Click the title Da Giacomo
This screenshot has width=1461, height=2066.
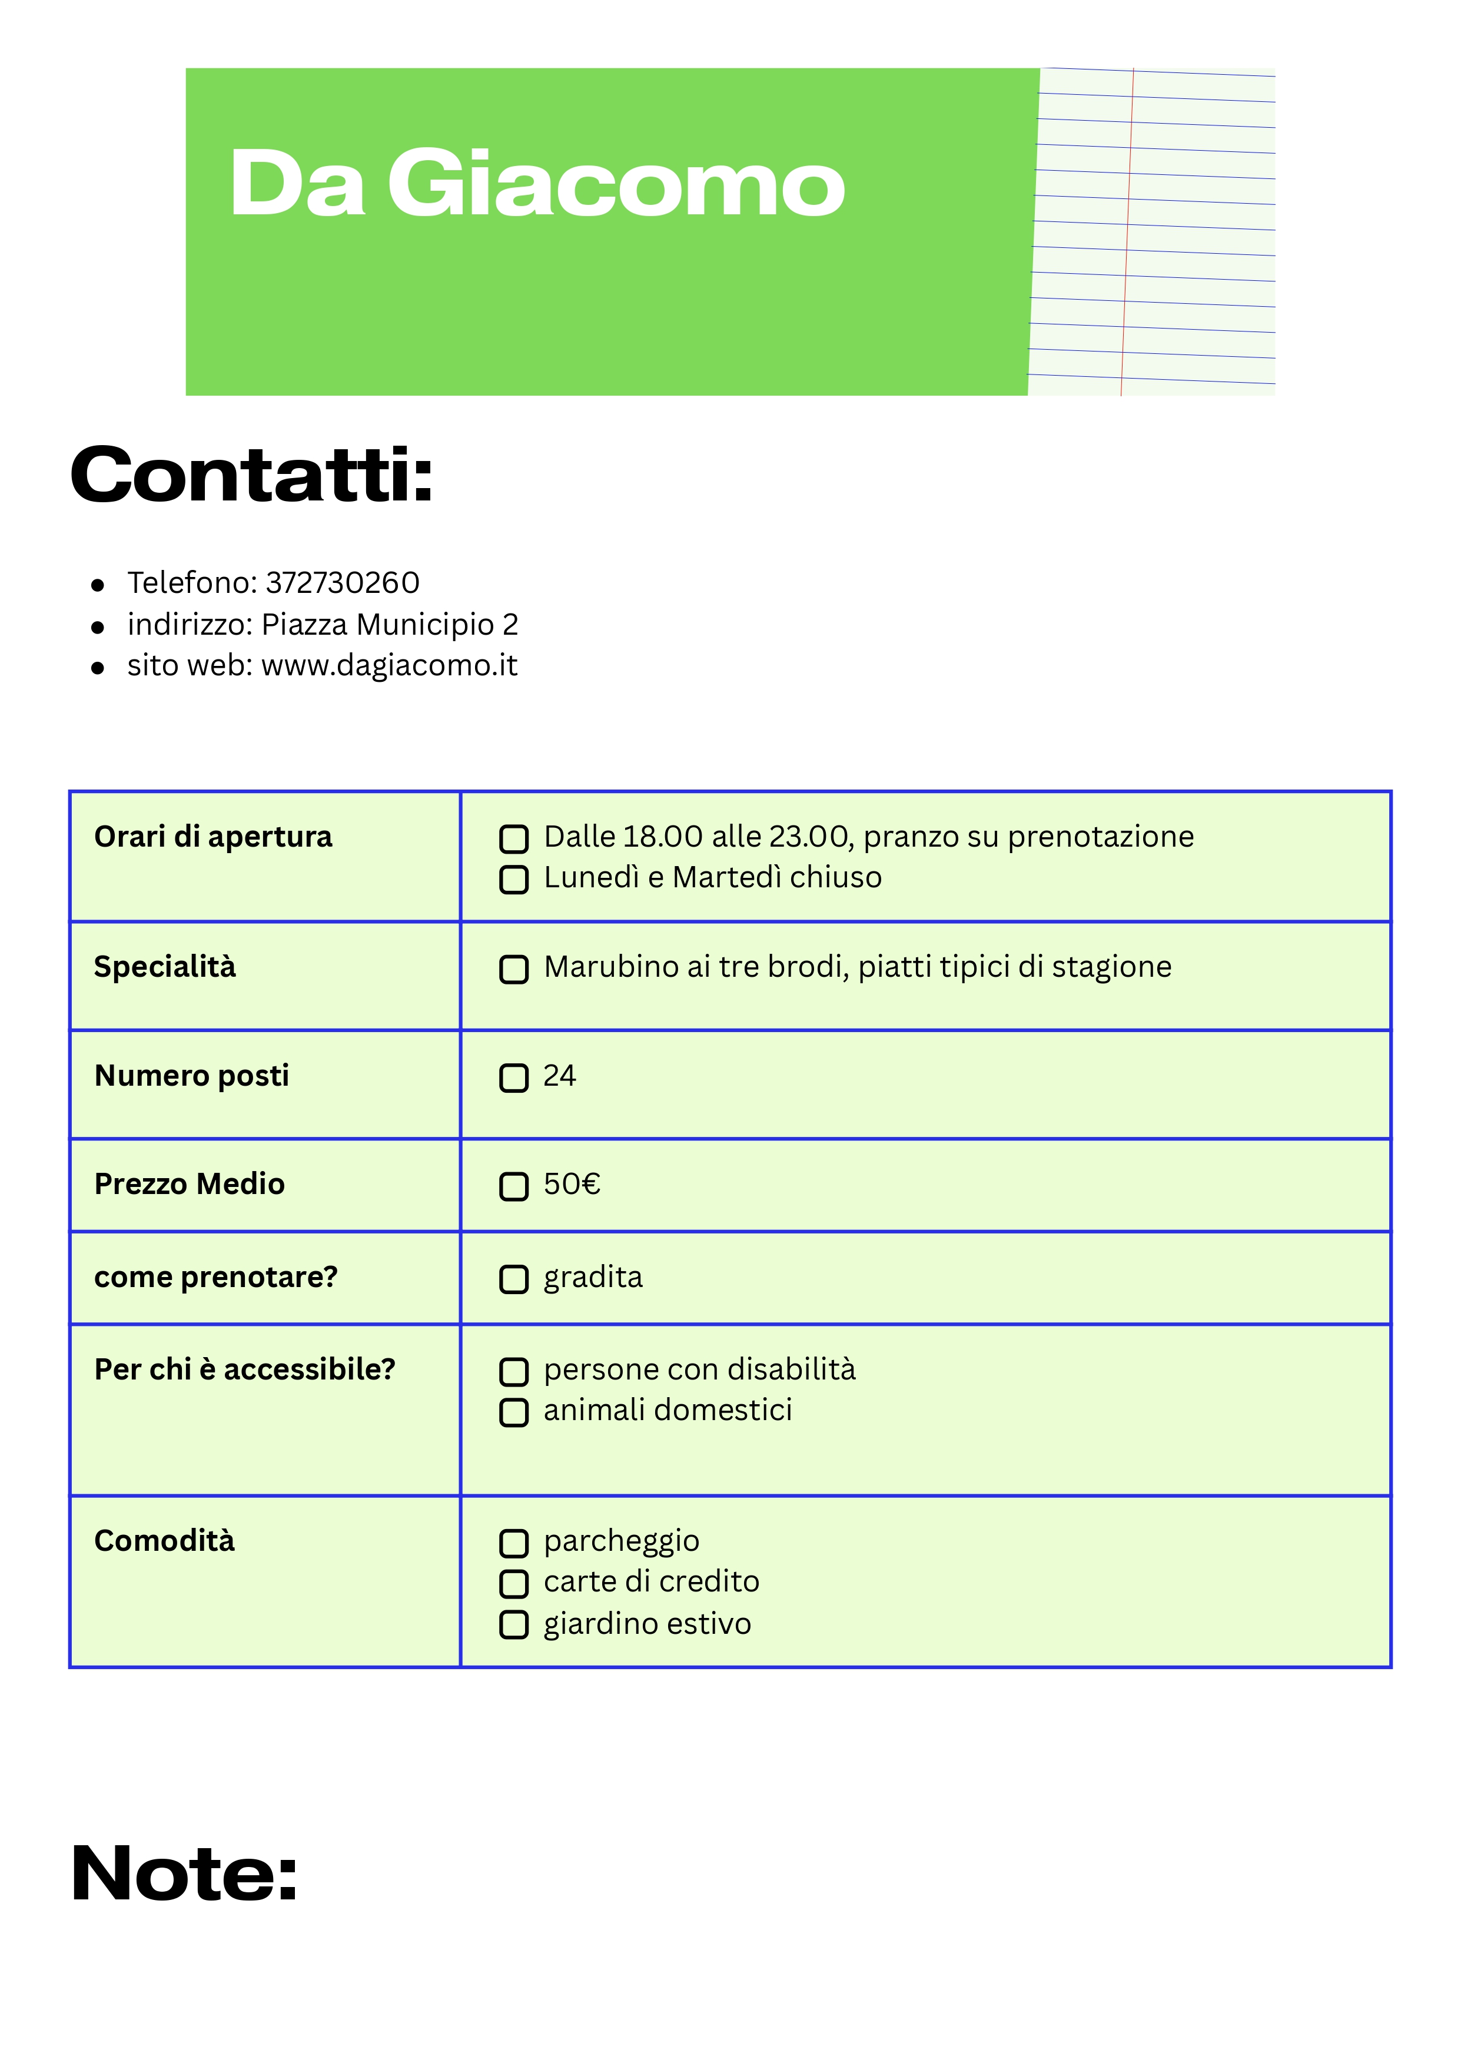[x=537, y=184]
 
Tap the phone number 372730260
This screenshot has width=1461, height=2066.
[x=343, y=583]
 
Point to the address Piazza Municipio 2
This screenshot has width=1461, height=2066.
[x=390, y=625]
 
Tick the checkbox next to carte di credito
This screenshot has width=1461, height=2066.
[x=514, y=1584]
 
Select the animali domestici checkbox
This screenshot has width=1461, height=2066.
[x=514, y=1412]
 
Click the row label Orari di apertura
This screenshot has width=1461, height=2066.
[x=213, y=837]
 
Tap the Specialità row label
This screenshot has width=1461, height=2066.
[x=165, y=967]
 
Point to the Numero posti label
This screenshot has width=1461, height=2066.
[x=192, y=1076]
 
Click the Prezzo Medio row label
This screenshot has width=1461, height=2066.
[x=189, y=1184]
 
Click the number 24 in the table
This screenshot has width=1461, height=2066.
[x=560, y=1076]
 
